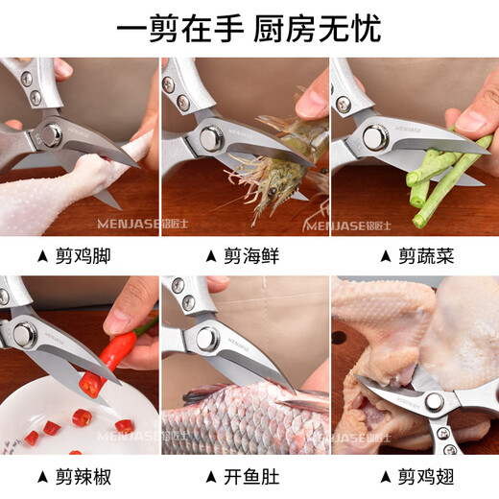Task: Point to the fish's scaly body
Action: point(230,422)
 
